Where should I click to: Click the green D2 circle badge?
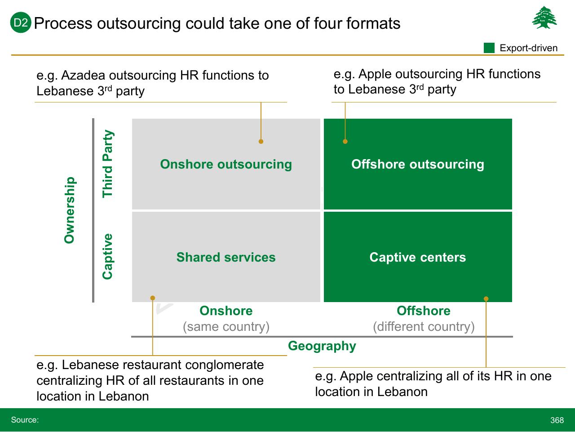pos(21,22)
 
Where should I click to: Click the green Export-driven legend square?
pos(489,48)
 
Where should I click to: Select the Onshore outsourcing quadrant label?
pos(226,165)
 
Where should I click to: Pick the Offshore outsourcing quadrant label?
pos(418,165)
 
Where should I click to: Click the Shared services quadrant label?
pos(226,257)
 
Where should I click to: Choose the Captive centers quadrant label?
pos(418,257)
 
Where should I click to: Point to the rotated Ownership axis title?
pos(70,210)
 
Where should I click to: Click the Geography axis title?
pos(322,346)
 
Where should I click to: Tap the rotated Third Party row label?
pos(108,164)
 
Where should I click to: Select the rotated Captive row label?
pos(108,256)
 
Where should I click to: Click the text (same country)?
pos(226,327)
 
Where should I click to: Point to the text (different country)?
pos(424,327)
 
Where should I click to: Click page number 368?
pos(557,420)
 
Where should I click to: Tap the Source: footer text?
pos(25,420)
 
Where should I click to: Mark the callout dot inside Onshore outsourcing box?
pos(261,142)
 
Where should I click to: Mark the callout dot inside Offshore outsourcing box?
pos(345,142)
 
